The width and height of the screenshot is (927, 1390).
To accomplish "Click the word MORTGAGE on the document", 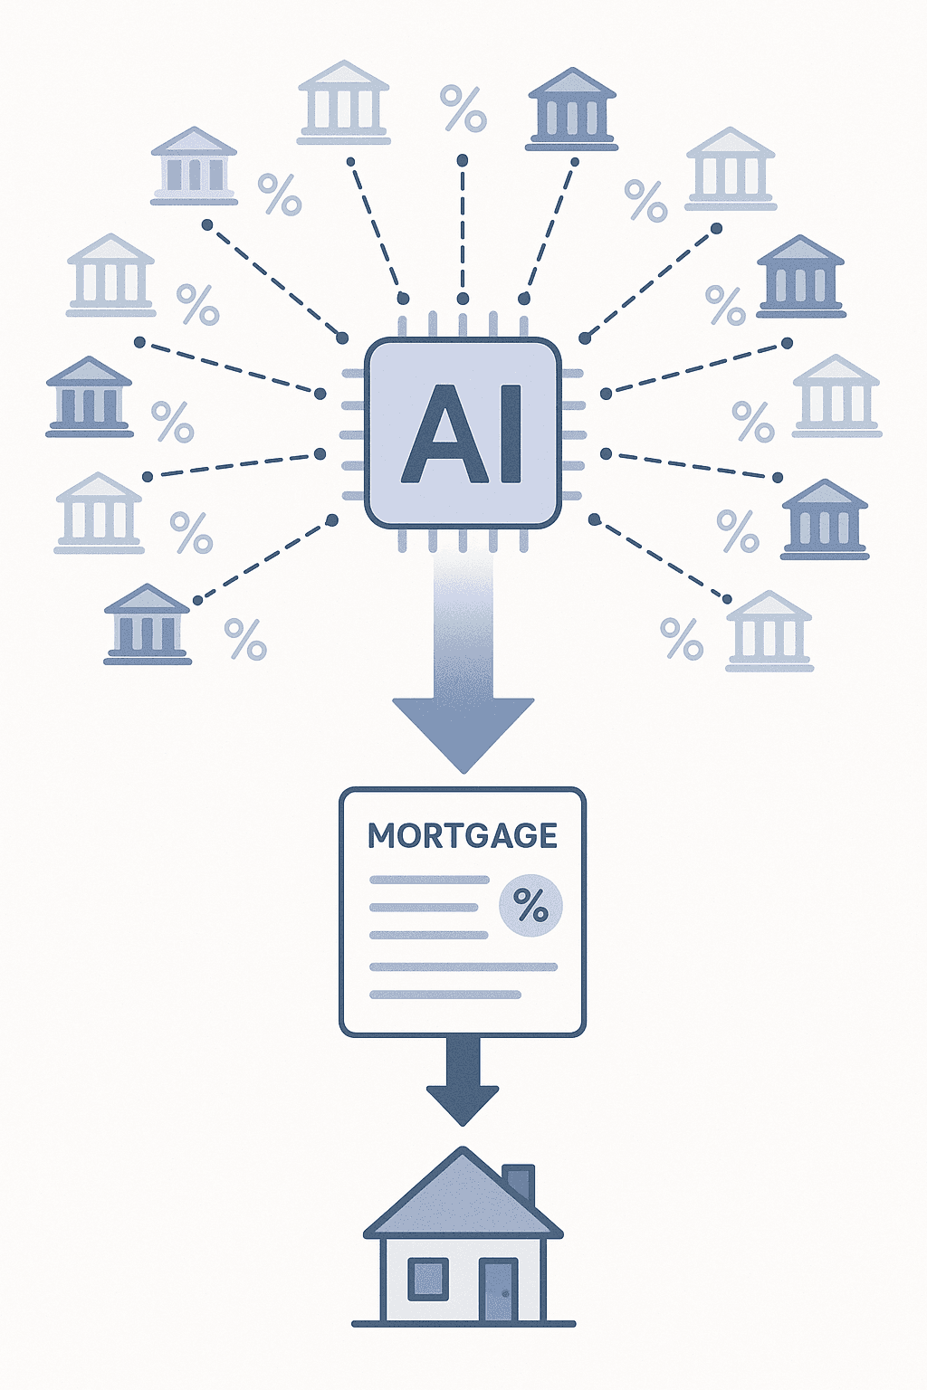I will pyautogui.click(x=463, y=836).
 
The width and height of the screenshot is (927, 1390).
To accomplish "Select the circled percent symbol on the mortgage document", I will pyautogui.click(x=530, y=905).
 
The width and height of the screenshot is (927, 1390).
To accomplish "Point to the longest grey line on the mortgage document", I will pyautogui.click(x=463, y=967).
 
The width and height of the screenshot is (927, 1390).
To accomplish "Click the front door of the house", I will pyautogui.click(x=498, y=1290).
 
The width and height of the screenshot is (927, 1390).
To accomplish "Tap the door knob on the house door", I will pyautogui.click(x=506, y=1292).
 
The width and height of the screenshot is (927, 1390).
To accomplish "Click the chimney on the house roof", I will pyautogui.click(x=520, y=1181).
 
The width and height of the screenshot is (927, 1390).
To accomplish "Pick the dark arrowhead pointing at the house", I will pyautogui.click(x=463, y=1104).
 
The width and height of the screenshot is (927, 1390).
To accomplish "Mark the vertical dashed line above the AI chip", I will pyautogui.click(x=463, y=231).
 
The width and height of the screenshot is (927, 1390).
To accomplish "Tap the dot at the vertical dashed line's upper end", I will pyautogui.click(x=463, y=160).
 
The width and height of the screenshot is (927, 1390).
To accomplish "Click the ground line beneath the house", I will pyautogui.click(x=463, y=1324).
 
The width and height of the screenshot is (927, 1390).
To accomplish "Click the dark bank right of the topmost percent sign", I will pyautogui.click(x=572, y=109).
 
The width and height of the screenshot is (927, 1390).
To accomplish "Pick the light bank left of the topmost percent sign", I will pyautogui.click(x=343, y=102).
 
